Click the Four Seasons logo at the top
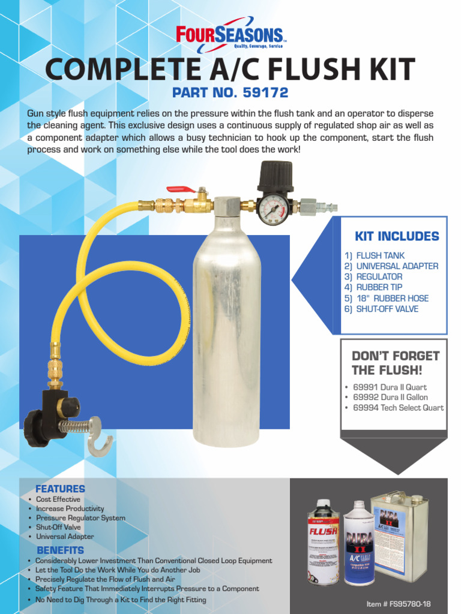click(x=230, y=34)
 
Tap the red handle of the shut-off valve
click(x=181, y=189)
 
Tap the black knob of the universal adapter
click(x=37, y=427)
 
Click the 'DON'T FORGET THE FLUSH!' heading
click(x=395, y=363)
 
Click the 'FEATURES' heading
click(x=60, y=489)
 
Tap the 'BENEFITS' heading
click(x=60, y=550)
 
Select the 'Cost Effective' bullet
click(x=58, y=499)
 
